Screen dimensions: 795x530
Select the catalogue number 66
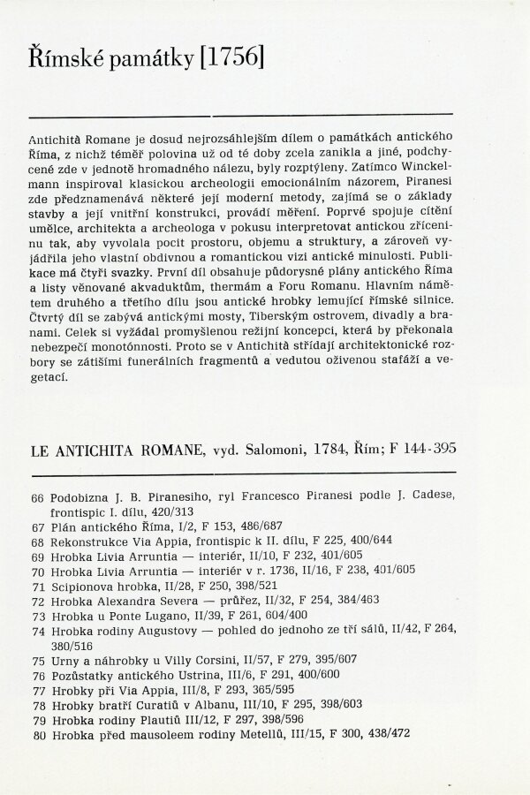pos(37,498)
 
